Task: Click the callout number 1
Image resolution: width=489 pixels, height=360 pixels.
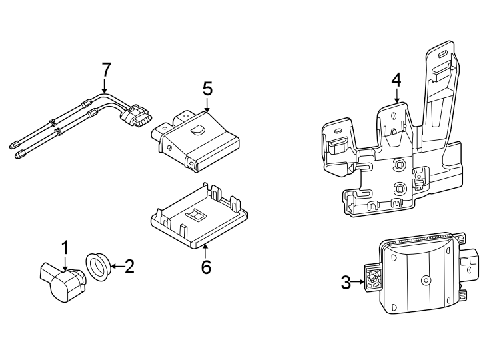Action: click(x=65, y=248)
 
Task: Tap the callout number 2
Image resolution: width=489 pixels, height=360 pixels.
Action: click(x=129, y=267)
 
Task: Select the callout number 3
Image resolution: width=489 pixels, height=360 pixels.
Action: click(x=346, y=283)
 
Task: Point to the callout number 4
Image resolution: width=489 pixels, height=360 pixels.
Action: click(x=396, y=80)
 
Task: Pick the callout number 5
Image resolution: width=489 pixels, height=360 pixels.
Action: click(x=207, y=88)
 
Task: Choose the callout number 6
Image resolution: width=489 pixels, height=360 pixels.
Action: click(x=206, y=267)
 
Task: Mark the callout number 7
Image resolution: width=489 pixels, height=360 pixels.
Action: click(x=105, y=69)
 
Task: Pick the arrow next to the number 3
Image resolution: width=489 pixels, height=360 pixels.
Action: click(x=360, y=283)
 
